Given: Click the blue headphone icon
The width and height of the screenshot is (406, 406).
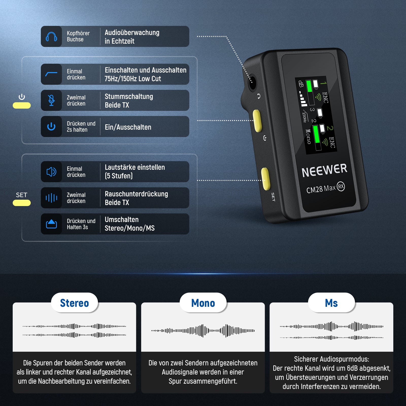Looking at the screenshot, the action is [x=51, y=37].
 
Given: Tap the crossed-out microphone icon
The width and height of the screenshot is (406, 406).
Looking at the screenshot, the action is [x=51, y=100].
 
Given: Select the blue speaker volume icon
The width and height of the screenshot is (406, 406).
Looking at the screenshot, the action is [x=51, y=172].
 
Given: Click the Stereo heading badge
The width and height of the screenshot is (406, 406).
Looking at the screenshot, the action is [x=74, y=303].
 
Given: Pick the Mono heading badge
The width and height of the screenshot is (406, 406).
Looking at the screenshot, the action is [x=203, y=303].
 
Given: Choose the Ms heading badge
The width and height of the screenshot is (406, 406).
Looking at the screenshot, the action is [x=331, y=303].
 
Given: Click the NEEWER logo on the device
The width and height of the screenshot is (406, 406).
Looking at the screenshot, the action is [x=324, y=170].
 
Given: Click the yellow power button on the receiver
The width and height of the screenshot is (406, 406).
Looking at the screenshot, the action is [x=257, y=121].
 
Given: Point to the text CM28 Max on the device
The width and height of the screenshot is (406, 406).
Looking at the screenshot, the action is [x=321, y=189].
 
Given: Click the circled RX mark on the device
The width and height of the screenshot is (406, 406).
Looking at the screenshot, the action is [x=341, y=187].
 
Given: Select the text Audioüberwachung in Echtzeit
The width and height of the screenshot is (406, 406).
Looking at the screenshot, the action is [x=132, y=37].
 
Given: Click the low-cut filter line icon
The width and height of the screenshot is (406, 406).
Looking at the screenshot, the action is [x=51, y=74].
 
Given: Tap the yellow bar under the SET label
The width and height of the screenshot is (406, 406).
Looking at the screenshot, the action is [x=22, y=203].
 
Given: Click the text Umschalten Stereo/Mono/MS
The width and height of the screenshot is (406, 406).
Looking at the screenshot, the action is [x=130, y=224].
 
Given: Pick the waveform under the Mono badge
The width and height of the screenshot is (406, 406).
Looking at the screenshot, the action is [x=203, y=331].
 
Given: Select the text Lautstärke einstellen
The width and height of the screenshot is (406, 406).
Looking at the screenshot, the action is [x=135, y=167].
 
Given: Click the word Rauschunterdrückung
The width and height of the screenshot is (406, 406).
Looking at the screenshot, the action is [x=136, y=194].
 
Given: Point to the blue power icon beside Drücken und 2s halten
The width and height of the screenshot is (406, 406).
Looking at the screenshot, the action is [x=51, y=126].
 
